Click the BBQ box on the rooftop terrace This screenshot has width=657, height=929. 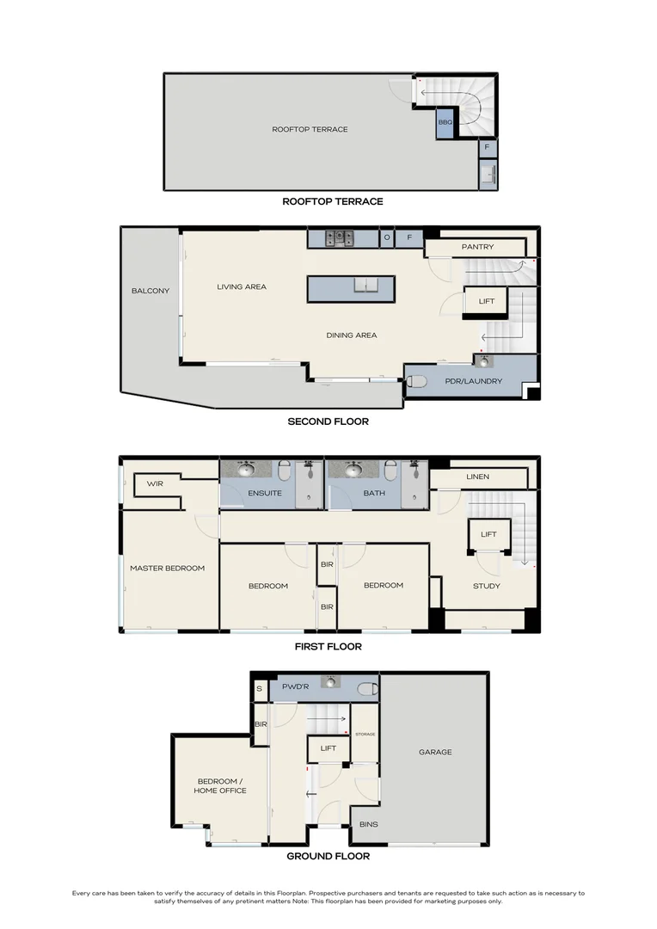pos(445,123)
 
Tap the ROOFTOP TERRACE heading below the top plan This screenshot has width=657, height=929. pos(333,201)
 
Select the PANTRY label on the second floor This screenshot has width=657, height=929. pos(477,248)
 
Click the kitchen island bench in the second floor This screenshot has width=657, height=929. pos(351,288)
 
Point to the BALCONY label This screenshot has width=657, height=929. pos(150,291)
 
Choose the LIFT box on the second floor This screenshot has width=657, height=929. pos(487,302)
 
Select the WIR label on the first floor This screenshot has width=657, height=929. pos(155,484)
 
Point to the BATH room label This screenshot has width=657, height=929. pos(374,494)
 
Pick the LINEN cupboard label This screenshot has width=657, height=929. pos(478,477)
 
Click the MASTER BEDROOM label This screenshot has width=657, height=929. pos(168,568)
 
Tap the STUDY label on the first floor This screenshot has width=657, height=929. pos(486,586)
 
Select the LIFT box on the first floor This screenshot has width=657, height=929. pos(488,534)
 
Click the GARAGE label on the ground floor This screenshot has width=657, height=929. pos(435,752)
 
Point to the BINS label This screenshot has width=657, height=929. pos(368,824)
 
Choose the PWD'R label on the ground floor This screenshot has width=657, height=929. pos(294,689)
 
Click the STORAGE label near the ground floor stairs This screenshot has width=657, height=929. pos(365,734)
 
